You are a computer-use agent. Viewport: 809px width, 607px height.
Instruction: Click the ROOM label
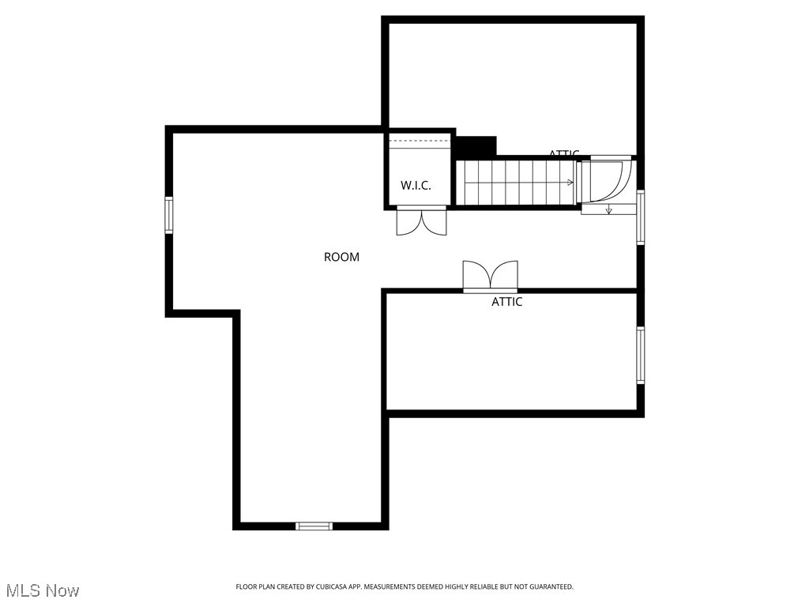coord(341,257)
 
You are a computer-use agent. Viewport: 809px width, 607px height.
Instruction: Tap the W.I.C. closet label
coord(416,186)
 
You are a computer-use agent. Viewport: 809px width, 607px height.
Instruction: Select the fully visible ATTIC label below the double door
coord(506,302)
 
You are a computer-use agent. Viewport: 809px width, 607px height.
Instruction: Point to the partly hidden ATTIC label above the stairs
coord(564,153)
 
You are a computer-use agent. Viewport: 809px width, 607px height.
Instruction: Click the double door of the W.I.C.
coord(421,221)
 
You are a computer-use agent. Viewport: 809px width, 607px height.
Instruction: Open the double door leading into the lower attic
coord(490,277)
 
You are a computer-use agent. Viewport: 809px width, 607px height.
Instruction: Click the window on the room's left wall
coord(168,215)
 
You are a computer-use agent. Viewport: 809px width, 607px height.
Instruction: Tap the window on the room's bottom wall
coord(314,526)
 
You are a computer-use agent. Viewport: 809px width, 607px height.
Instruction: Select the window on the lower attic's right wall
coord(640,355)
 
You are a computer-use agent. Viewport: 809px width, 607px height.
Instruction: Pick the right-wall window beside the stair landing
coord(640,217)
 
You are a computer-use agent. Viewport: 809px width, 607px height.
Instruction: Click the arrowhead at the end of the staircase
coord(570,183)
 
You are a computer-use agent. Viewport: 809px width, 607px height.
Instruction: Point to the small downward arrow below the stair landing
coord(608,210)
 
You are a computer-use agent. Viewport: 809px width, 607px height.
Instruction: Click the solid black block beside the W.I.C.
coord(476,146)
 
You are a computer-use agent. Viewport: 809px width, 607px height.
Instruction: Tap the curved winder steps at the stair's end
coord(606,181)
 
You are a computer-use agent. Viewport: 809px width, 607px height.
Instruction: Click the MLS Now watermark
coord(43,590)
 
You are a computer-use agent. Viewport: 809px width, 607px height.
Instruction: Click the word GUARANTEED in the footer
coord(547,586)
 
